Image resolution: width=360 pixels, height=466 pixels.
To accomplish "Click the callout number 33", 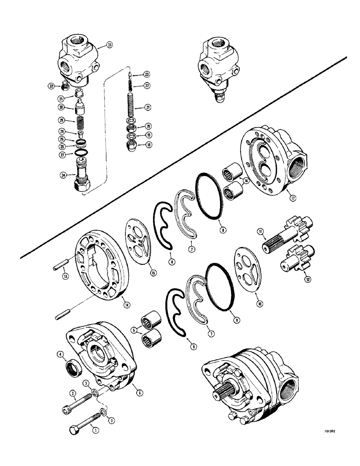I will point(109,45).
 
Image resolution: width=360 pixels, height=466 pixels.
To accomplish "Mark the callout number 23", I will point(146,74).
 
